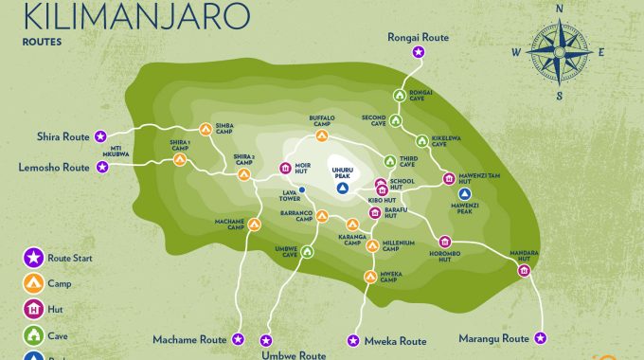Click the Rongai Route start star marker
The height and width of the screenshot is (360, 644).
click(418, 52)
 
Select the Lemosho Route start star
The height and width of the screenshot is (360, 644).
click(103, 167)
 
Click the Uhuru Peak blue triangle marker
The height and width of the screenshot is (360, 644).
click(343, 188)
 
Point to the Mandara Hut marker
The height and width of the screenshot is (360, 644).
click(524, 272)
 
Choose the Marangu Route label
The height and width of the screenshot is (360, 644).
click(489, 338)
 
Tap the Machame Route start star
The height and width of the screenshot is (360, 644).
click(239, 338)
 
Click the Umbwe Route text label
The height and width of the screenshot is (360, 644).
click(294, 353)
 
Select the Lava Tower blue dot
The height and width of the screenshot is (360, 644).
click(302, 189)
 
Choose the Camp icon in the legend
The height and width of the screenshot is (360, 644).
click(32, 281)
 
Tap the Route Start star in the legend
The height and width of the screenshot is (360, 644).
click(32, 257)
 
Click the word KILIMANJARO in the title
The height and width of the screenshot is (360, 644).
click(136, 16)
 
